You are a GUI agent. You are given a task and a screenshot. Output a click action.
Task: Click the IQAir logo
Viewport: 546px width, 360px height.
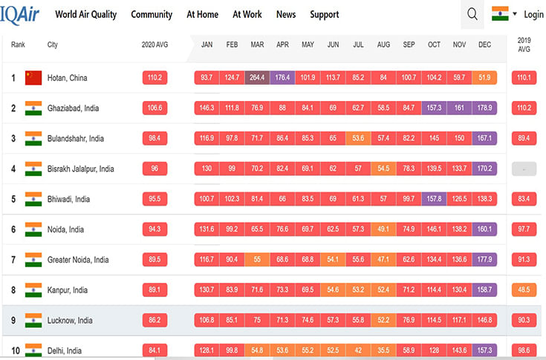click(21, 13)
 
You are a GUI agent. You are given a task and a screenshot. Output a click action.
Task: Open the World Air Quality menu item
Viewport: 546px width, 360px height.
click(85, 14)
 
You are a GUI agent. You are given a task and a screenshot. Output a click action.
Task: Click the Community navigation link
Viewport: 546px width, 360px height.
click(152, 14)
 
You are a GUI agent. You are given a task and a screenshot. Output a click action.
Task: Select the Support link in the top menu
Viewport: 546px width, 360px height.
click(324, 14)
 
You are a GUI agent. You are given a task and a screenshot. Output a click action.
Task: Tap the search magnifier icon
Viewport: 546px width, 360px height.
click(472, 14)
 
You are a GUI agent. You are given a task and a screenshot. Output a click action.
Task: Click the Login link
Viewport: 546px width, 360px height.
click(533, 14)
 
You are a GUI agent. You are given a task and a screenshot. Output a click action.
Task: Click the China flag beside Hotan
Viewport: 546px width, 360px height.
click(33, 78)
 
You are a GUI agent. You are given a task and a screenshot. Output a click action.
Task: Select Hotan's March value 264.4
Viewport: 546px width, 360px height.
click(257, 78)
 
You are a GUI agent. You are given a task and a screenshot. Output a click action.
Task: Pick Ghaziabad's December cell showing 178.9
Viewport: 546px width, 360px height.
click(484, 108)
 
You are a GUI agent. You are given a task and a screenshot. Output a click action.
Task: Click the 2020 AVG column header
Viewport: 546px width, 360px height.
click(155, 45)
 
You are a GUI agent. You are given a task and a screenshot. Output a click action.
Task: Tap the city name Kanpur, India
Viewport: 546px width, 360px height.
click(68, 290)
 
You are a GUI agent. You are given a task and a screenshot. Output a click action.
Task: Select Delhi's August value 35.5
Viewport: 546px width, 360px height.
click(383, 350)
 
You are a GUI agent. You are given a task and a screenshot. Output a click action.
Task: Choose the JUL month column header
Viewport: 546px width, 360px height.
click(358, 45)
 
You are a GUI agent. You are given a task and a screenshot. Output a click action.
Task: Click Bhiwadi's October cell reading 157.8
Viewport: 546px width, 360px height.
click(434, 199)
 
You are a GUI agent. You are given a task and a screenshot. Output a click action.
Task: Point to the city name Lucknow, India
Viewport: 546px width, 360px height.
click(71, 321)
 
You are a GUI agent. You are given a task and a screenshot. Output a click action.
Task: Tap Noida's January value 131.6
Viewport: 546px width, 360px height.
click(207, 229)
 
